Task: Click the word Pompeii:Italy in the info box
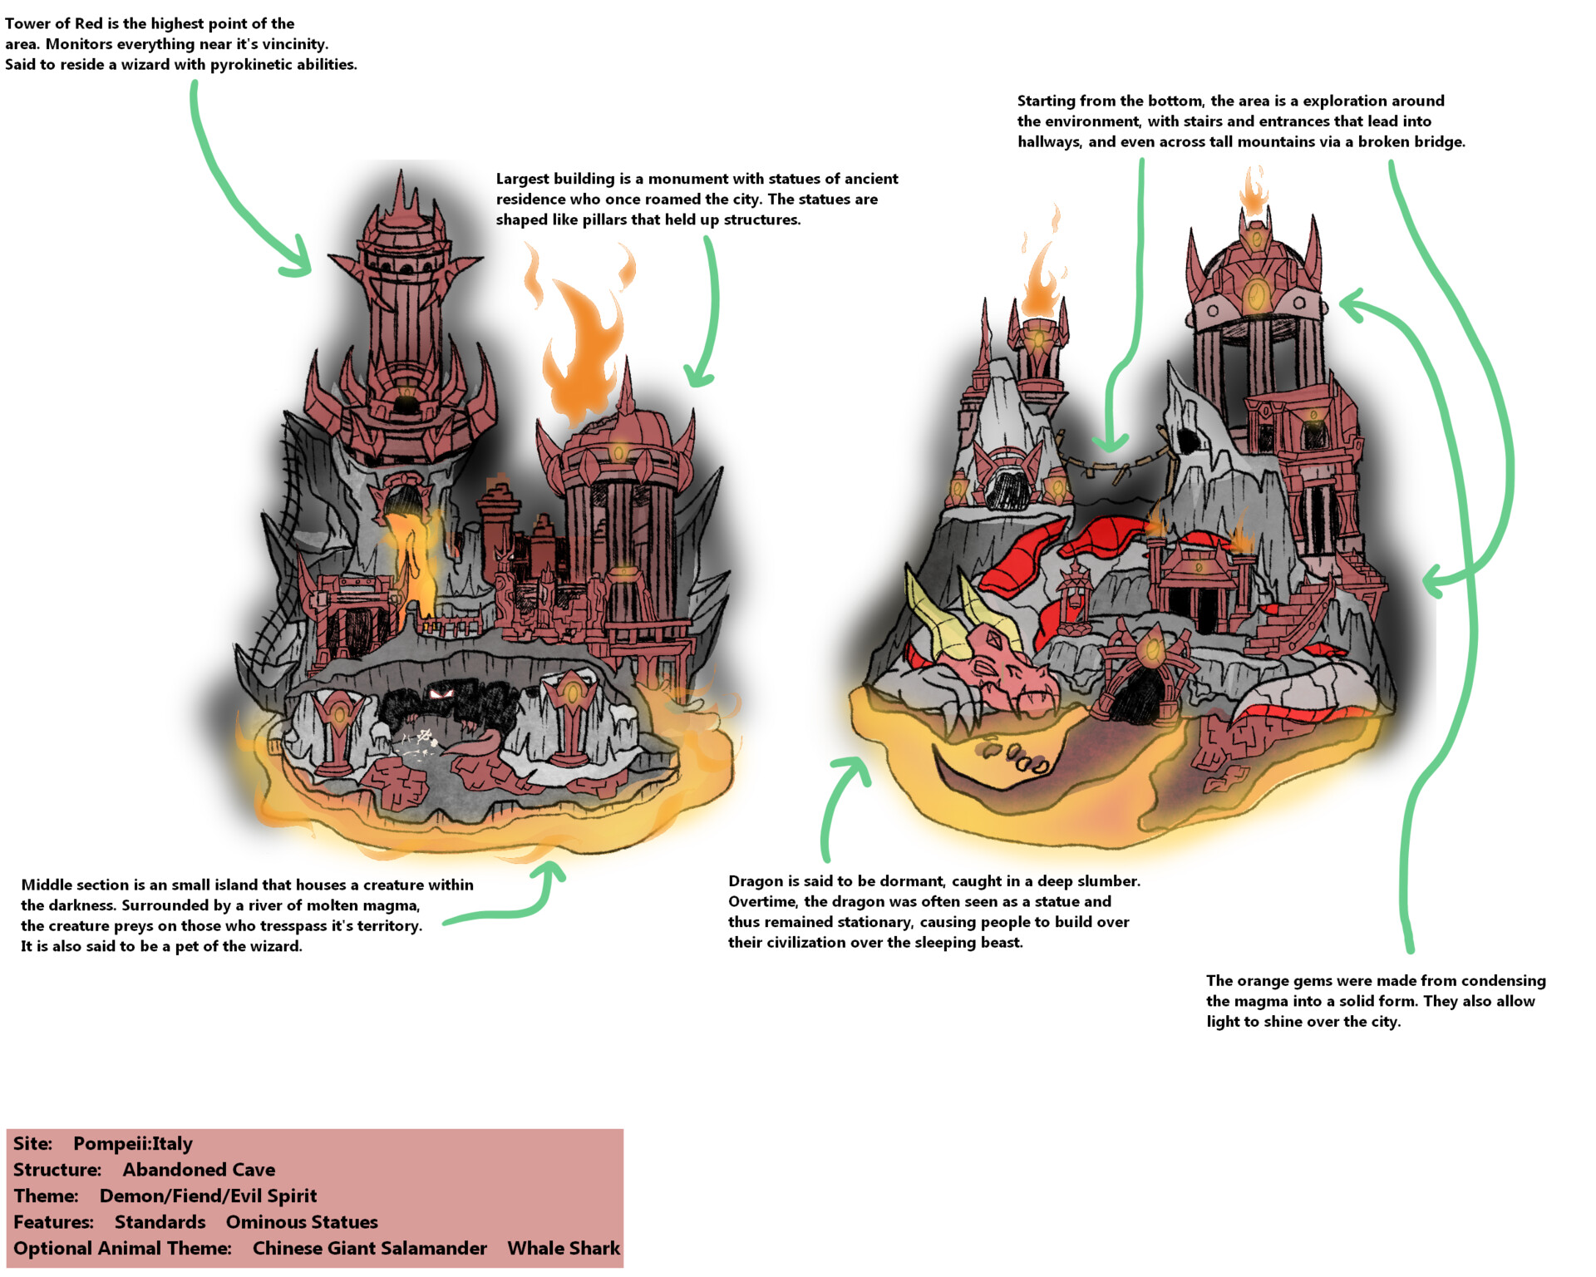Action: coord(133,1144)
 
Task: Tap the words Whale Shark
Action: coord(564,1249)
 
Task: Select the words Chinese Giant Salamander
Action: coord(369,1249)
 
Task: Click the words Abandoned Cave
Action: coord(199,1171)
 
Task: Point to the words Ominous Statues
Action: coord(302,1222)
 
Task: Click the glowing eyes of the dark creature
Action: coord(441,693)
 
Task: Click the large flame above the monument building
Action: coord(582,349)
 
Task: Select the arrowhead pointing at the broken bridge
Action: coord(1110,445)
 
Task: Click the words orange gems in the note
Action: coord(1287,981)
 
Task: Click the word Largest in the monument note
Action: coord(523,179)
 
